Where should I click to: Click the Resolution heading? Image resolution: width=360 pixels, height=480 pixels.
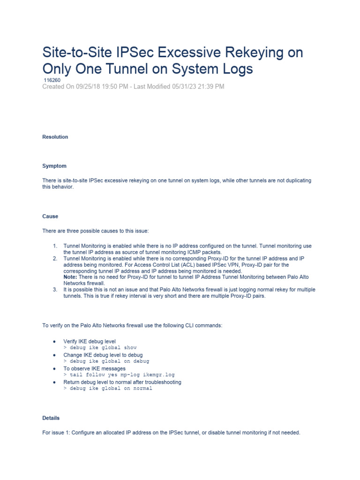pyautogui.click(x=55, y=137)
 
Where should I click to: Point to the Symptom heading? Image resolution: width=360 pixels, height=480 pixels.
pyautogui.click(x=54, y=166)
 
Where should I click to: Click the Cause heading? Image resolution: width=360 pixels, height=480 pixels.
pyautogui.click(x=50, y=217)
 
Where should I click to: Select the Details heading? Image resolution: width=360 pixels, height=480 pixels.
pyautogui.click(x=51, y=418)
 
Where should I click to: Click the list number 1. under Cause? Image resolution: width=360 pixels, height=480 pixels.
pyautogui.click(x=55, y=246)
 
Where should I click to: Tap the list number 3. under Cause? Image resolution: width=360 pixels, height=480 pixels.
pyautogui.click(x=55, y=290)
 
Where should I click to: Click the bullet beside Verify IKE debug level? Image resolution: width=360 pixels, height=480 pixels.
pyautogui.click(x=55, y=341)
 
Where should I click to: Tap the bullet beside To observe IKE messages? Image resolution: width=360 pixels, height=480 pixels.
pyautogui.click(x=55, y=369)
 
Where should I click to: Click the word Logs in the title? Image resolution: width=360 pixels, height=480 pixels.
pyautogui.click(x=232, y=69)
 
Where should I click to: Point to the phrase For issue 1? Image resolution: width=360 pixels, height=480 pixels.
pyautogui.click(x=58, y=433)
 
